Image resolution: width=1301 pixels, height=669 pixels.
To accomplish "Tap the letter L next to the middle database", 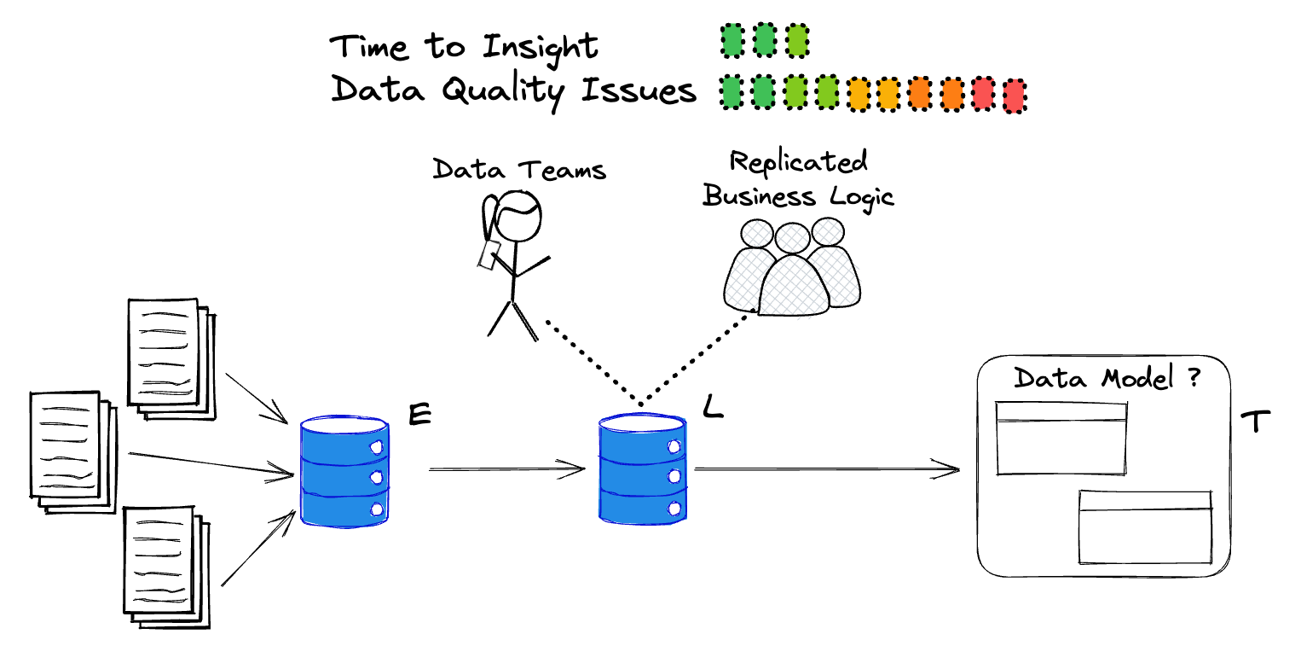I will pos(713,408).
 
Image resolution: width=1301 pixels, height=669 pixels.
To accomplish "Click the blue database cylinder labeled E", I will pos(344,472).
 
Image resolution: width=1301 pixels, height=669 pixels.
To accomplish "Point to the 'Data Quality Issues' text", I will pos(513,90).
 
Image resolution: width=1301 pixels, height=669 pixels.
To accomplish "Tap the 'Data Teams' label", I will pos(519,168).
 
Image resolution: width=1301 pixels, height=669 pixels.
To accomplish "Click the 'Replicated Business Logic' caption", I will pos(798,179).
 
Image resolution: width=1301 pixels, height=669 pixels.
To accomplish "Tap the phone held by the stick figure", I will pos(490,254).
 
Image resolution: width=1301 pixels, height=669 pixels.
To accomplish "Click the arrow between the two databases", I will pos(506,468).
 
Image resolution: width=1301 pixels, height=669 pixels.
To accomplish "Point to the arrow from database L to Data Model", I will pos(827,468).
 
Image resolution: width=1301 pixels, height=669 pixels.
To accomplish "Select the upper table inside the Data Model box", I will pos(1061,438).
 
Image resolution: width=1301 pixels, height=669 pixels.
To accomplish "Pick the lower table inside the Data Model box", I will pos(1145,526).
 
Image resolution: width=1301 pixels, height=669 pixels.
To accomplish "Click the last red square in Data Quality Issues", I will pos(1015,96).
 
